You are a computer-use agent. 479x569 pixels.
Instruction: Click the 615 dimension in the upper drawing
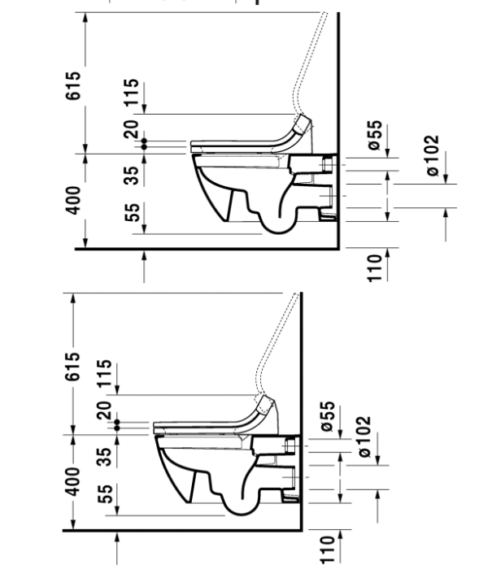click(72, 86)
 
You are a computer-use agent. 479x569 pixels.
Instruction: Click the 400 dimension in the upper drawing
click(72, 200)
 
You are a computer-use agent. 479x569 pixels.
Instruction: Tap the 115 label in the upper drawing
click(132, 92)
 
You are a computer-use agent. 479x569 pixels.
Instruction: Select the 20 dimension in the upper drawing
click(131, 129)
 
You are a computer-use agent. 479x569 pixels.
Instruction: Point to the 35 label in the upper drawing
click(132, 175)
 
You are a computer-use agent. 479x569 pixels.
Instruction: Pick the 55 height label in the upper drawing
click(133, 212)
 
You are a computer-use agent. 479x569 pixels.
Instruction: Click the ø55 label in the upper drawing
click(376, 135)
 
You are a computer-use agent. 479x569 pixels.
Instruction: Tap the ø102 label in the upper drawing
click(432, 156)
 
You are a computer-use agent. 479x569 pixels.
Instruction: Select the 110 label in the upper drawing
click(376, 268)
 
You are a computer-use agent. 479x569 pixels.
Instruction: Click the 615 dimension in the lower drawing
click(72, 366)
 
